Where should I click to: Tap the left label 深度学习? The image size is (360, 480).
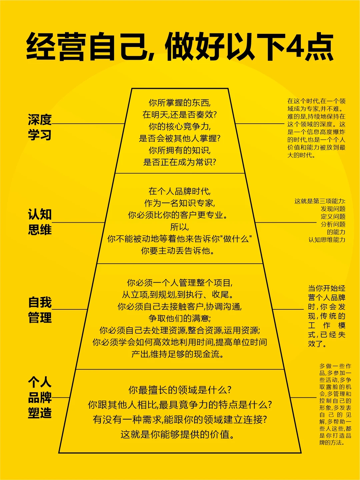pyautogui.click(x=40, y=127)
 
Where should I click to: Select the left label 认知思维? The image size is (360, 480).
pyautogui.click(x=40, y=222)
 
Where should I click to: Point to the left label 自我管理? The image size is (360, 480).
pyautogui.click(x=40, y=310)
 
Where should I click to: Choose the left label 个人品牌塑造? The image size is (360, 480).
pyautogui.click(x=40, y=397)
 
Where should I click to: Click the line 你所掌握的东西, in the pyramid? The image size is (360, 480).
pyautogui.click(x=180, y=103)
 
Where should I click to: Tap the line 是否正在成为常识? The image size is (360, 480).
pyautogui.click(x=180, y=162)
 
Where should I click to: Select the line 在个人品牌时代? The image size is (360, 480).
pyautogui.click(x=180, y=191)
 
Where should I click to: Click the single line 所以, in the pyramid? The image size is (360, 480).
pyautogui.click(x=180, y=227)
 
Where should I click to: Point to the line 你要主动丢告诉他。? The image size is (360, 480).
pyautogui.click(x=178, y=251)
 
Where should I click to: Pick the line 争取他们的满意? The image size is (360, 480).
pyautogui.click(x=180, y=318)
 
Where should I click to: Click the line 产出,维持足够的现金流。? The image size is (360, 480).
pyautogui.click(x=178, y=354)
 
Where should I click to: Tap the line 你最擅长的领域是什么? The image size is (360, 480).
pyautogui.click(x=180, y=390)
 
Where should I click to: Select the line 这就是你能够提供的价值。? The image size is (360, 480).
pyautogui.click(x=178, y=434)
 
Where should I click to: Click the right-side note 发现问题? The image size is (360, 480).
pyautogui.click(x=333, y=209)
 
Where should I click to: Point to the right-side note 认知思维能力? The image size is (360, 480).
pyautogui.click(x=327, y=240)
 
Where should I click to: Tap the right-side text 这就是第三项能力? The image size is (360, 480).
pyautogui.click(x=320, y=201)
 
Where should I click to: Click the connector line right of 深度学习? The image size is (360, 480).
pyautogui.click(x=88, y=124)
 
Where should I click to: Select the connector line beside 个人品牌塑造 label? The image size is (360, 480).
pyautogui.click(x=61, y=397)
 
